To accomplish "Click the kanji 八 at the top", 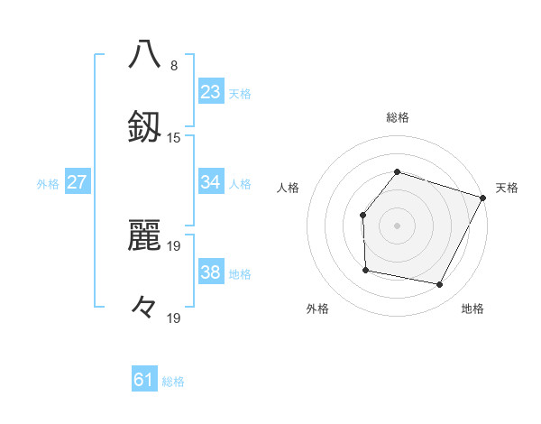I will [x=145, y=53].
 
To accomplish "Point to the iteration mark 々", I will [x=144, y=309].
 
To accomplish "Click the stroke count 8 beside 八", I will [x=174, y=66].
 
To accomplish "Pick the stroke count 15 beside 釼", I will [x=174, y=138].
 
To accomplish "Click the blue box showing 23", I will [x=210, y=92].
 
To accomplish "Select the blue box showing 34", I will [x=210, y=182].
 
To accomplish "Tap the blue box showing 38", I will [x=210, y=272].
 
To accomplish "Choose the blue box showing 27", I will [x=78, y=182].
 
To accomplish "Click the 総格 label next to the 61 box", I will [x=173, y=382].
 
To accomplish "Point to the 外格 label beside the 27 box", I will [x=48, y=184].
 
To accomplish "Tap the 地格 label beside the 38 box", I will [x=240, y=274].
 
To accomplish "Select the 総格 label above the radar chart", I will [x=397, y=117].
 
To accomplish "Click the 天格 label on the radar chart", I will [x=507, y=188].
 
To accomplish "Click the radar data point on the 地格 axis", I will [x=440, y=284].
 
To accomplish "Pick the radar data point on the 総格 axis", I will [x=397, y=171].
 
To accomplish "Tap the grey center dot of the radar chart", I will [x=397, y=225].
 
